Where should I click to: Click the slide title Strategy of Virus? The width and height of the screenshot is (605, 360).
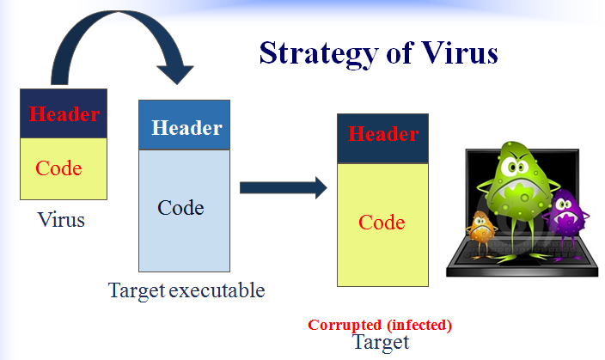378,52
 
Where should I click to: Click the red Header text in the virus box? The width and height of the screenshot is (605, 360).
64,113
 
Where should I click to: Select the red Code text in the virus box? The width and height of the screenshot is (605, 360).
58,168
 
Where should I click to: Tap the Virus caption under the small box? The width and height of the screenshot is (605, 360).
61,220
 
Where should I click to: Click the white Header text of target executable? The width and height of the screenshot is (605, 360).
186,129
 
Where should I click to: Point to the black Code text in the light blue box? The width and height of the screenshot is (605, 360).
180,208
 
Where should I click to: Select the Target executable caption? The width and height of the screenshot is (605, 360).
186,290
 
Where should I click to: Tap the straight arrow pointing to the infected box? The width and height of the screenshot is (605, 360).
283,186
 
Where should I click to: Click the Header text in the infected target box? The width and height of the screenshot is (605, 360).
383,135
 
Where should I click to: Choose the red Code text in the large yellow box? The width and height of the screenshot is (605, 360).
382,223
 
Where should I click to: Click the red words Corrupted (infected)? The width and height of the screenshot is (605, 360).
380,326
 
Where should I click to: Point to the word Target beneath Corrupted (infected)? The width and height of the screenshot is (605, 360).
381,342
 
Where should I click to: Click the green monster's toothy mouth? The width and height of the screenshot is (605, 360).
522,189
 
